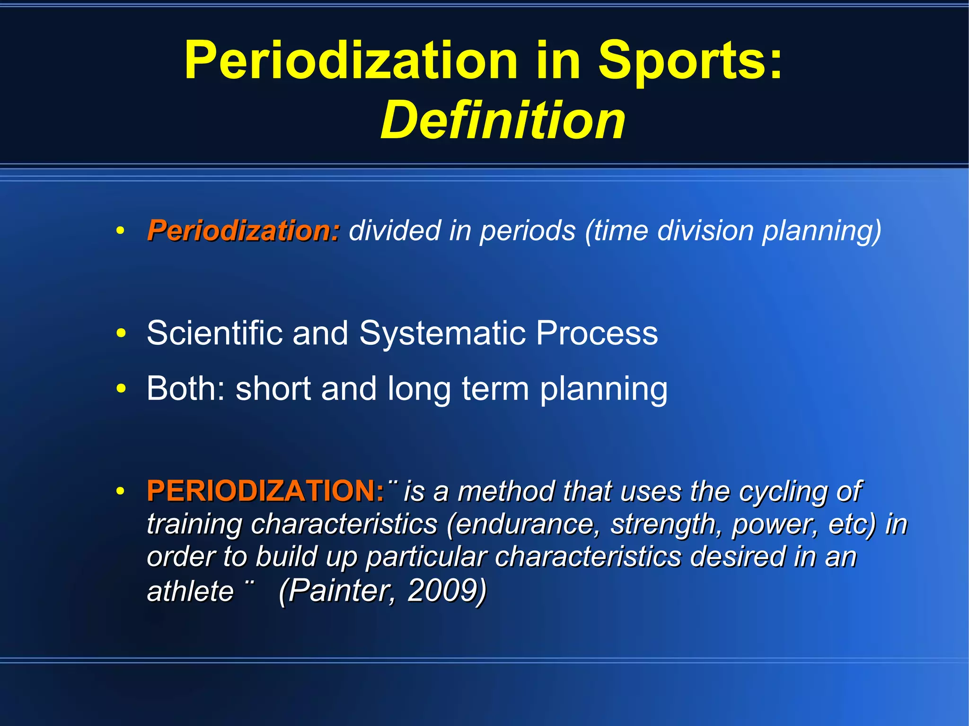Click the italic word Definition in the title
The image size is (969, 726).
click(x=502, y=121)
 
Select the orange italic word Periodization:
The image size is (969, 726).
click(x=243, y=231)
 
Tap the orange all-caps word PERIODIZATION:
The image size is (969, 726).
click(x=265, y=491)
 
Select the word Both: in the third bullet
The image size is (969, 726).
click(x=185, y=389)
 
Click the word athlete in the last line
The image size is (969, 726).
click(x=190, y=591)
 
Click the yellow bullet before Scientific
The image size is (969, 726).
click(x=121, y=333)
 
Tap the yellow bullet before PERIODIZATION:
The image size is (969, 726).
click(x=121, y=491)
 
